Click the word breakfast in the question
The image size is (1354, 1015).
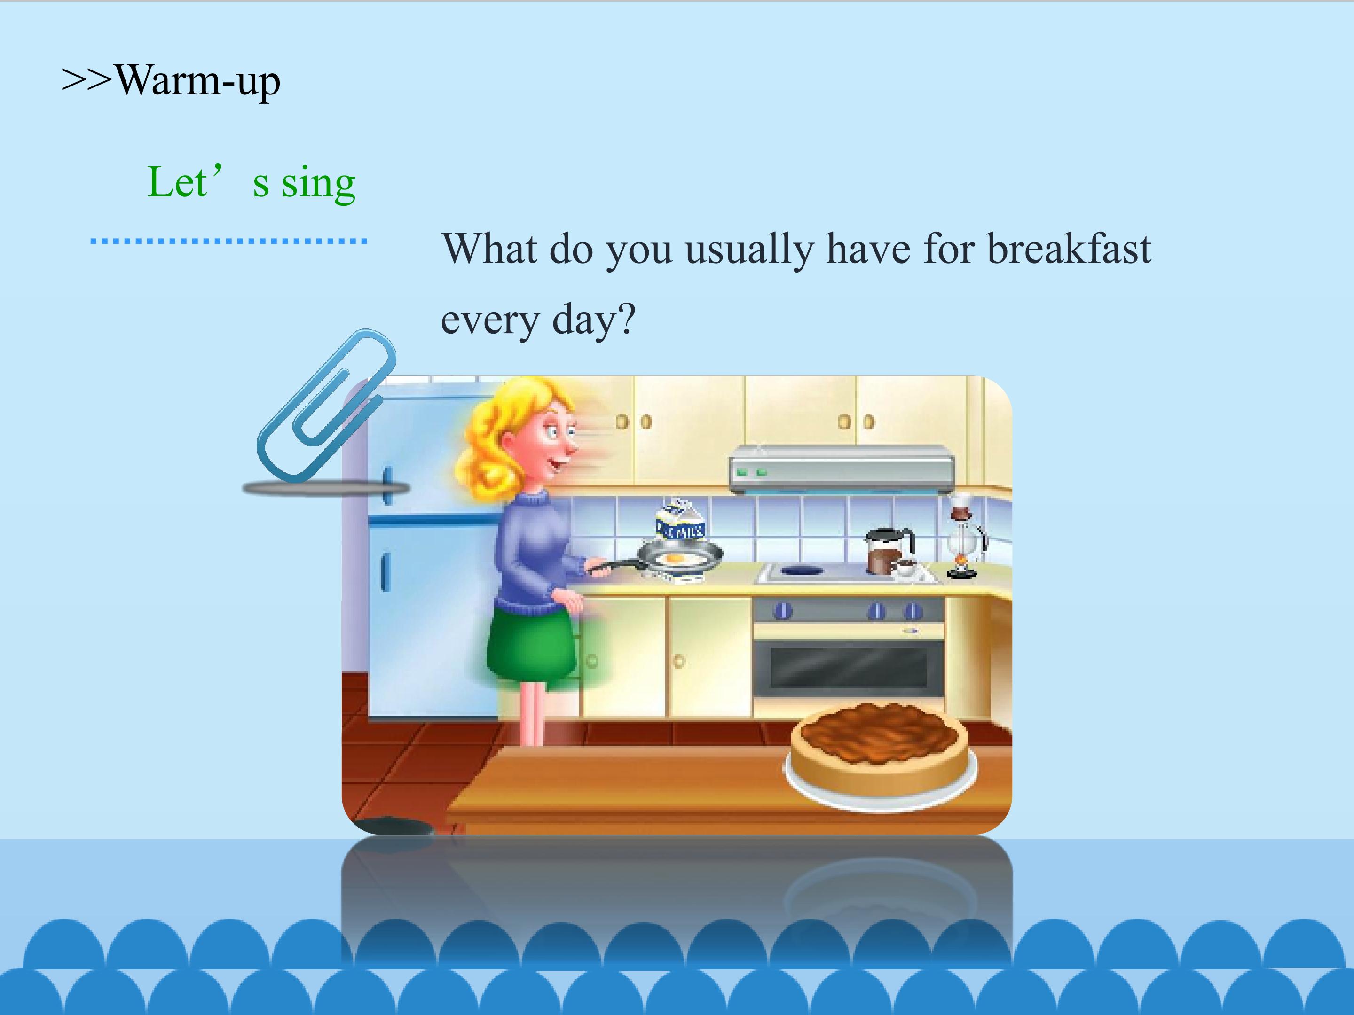coord(1070,249)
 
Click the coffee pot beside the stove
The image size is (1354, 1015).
coord(889,551)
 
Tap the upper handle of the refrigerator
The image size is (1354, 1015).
coord(387,486)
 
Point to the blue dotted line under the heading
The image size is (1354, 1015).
coord(228,241)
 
